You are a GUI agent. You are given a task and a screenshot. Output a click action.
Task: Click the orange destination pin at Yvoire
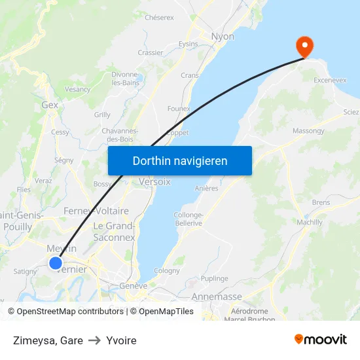point(304,45)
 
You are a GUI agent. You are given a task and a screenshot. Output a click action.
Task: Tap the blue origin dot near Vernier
point(56,263)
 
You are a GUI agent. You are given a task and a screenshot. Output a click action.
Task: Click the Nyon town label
point(223,37)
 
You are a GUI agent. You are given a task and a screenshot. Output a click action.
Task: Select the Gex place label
point(50,104)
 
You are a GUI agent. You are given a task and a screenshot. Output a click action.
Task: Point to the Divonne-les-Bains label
point(124,79)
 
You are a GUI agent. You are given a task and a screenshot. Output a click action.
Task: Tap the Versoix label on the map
point(154,182)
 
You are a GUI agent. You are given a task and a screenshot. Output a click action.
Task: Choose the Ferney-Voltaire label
point(96,211)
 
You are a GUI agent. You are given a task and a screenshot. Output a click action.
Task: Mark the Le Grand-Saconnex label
point(114,232)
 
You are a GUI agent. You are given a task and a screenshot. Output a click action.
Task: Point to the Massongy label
point(308,131)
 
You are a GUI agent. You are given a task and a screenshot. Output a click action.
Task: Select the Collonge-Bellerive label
point(189,219)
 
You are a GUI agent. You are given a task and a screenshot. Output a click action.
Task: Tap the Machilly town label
point(310,222)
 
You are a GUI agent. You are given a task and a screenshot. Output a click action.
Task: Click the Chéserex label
point(159,18)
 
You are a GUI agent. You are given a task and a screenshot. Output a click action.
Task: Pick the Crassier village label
point(150,52)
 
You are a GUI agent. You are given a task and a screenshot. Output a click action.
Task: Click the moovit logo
point(321,340)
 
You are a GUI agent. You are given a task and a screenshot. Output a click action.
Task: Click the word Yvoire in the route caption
point(121,340)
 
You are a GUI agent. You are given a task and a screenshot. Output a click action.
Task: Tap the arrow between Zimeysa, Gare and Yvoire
point(94,340)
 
